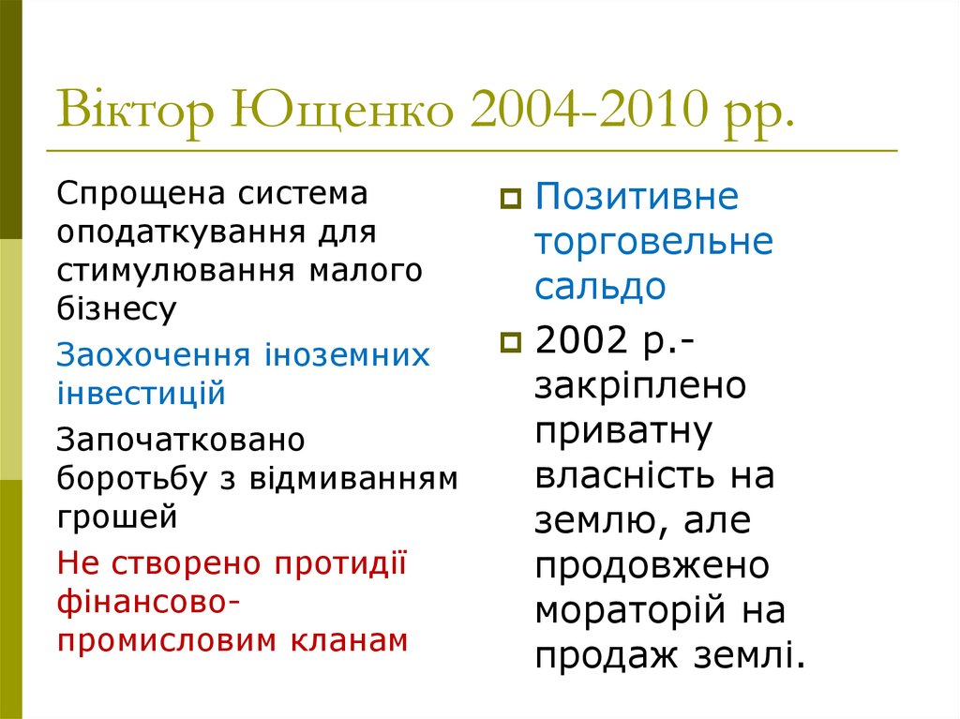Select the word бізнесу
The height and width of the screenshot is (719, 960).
pos(116,307)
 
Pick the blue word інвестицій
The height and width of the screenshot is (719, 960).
pos(142,393)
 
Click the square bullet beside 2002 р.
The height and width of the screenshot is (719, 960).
pos(511,342)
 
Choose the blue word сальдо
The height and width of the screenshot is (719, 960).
pos(600,287)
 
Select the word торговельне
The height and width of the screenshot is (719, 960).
pos(654,242)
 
